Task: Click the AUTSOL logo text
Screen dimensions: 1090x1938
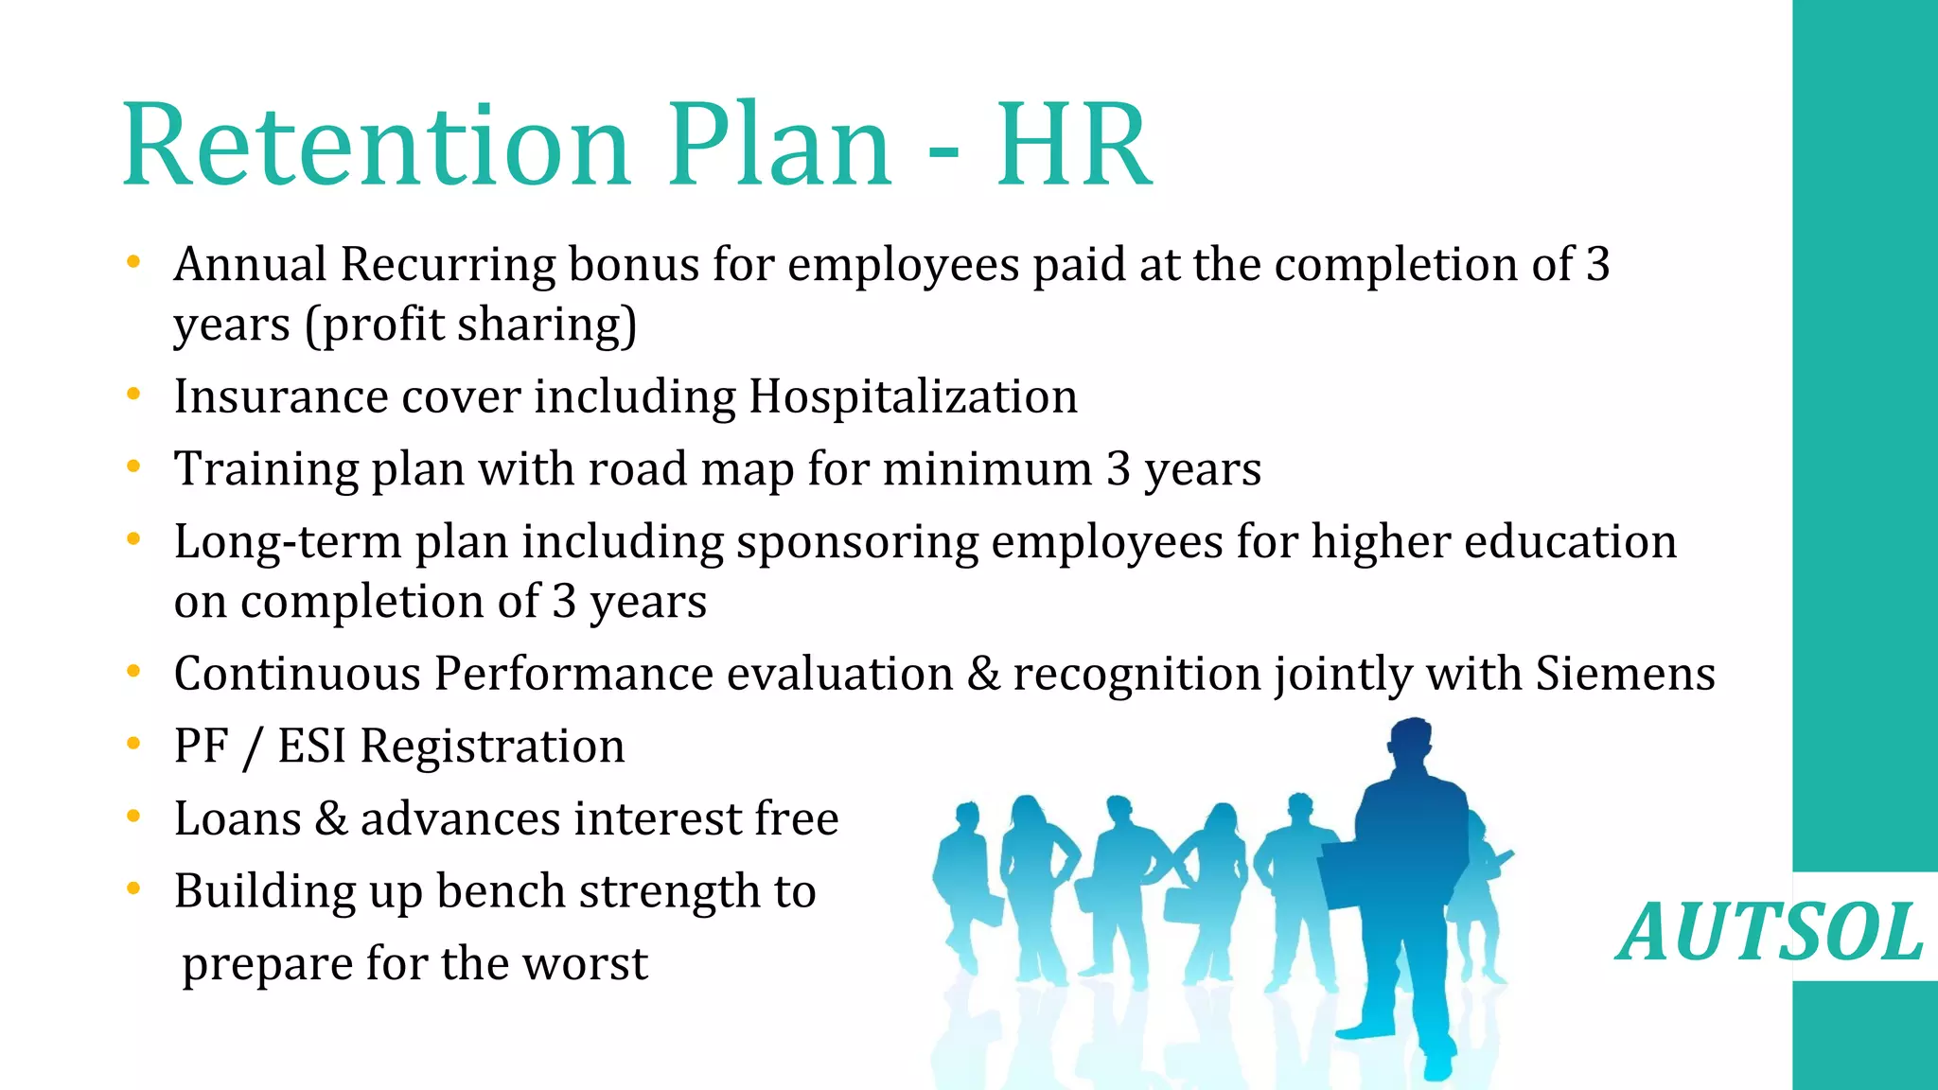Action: (1770, 933)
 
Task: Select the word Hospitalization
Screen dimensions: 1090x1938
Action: (913, 396)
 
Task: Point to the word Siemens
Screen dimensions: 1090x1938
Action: (1625, 674)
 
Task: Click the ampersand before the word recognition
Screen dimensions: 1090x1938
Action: (983, 674)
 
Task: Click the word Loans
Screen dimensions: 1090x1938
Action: (238, 818)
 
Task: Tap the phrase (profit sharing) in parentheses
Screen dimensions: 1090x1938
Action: (470, 325)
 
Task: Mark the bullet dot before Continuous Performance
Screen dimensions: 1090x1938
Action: (133, 671)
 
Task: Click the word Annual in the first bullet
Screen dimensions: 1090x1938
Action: (250, 264)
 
